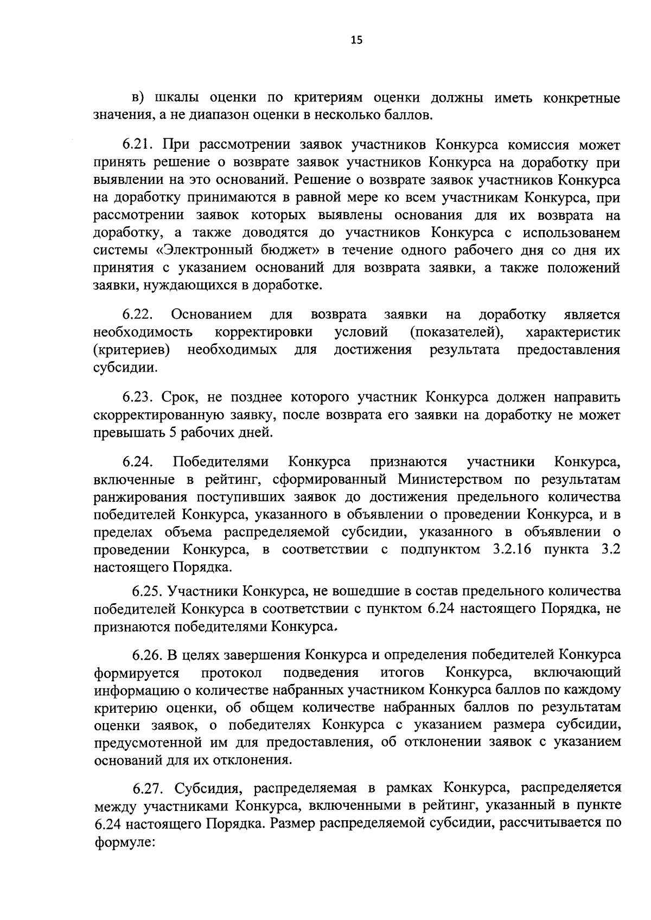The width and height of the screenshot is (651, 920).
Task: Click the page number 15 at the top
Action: pos(356,40)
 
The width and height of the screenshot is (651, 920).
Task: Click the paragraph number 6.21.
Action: pos(138,145)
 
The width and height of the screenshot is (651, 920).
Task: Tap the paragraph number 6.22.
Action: pos(138,315)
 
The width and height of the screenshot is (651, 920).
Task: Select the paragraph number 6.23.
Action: pos(138,398)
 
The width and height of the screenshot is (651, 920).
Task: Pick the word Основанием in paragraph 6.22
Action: pos(212,315)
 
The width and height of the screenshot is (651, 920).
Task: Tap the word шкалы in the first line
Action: pos(176,98)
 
